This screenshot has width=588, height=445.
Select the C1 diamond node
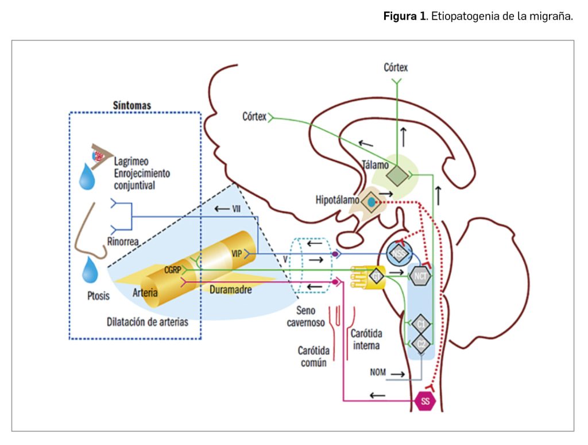click(x=421, y=324)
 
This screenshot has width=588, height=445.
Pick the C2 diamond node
click(x=421, y=344)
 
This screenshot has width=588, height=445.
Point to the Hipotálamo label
click(x=337, y=200)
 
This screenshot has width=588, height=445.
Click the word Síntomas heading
click(x=131, y=106)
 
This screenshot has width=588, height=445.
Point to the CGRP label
click(x=173, y=269)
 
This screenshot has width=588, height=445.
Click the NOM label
click(x=378, y=373)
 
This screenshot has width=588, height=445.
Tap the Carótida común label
click(x=312, y=356)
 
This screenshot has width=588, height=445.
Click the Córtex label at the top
click(x=396, y=68)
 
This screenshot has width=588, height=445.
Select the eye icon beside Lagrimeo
click(x=100, y=155)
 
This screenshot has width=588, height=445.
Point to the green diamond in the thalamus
click(x=396, y=175)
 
